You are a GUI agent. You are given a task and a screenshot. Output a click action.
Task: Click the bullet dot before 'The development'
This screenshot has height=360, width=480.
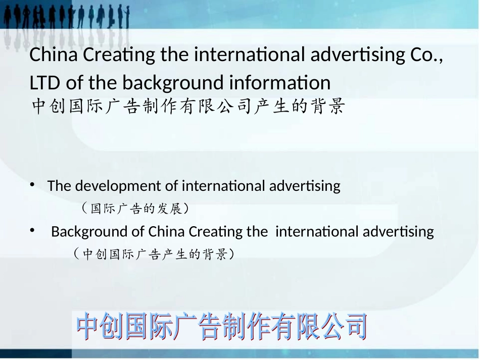[32, 185]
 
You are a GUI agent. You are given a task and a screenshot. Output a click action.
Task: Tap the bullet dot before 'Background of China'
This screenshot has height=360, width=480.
[32, 231]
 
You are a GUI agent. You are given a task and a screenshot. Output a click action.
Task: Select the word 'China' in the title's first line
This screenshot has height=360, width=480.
[53, 55]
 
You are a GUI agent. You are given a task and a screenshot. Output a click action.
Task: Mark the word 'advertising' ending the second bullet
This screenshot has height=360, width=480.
[398, 232]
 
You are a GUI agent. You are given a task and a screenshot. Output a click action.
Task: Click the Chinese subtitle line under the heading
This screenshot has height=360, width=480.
[188, 107]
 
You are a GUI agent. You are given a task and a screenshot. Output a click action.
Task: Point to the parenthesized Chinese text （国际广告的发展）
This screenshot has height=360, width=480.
[135, 208]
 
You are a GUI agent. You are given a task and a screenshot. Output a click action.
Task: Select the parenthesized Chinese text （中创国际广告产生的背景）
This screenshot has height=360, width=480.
[154, 254]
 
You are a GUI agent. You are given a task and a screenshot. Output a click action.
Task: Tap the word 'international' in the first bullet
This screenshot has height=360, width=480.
[223, 186]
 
